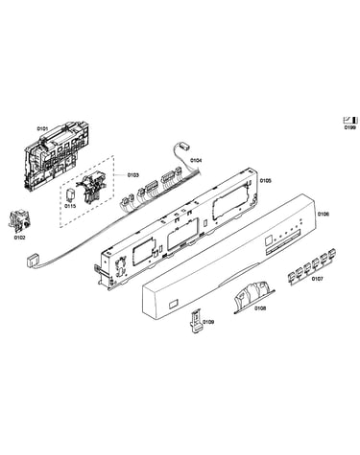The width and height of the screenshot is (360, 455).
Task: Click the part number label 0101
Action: (42, 128)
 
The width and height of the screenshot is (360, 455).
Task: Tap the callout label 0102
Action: (19, 238)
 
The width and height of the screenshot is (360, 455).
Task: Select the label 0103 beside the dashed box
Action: (133, 174)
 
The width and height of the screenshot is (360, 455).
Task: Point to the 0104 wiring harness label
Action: (196, 160)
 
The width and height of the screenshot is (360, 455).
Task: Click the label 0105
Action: (265, 181)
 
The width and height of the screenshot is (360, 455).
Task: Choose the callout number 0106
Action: (323, 214)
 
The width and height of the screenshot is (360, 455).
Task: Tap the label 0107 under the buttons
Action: (317, 279)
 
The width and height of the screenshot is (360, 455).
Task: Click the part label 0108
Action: (260, 308)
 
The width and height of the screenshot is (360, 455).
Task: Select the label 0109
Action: (208, 322)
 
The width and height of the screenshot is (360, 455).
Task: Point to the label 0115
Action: (70, 206)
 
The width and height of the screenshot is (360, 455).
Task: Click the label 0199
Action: (349, 127)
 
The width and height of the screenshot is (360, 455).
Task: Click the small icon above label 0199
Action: (350, 120)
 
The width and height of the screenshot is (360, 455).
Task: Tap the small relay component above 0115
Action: (70, 194)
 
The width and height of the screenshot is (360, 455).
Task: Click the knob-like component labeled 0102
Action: (19, 221)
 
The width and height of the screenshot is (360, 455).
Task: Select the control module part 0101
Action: (57, 155)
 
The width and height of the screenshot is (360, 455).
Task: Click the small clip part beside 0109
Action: (196, 321)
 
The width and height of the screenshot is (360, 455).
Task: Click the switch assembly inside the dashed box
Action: (91, 190)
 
